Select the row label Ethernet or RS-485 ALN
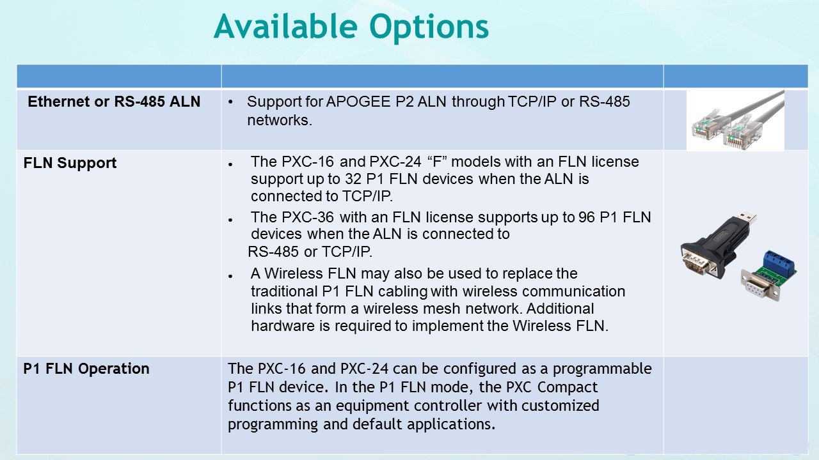pyautogui.click(x=114, y=102)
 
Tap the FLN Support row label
pyautogui.click(x=70, y=163)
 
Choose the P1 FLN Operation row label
pyautogui.click(x=86, y=369)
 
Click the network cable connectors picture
pyautogui.click(x=735, y=121)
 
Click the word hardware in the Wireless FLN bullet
pyautogui.click(x=279, y=326)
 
